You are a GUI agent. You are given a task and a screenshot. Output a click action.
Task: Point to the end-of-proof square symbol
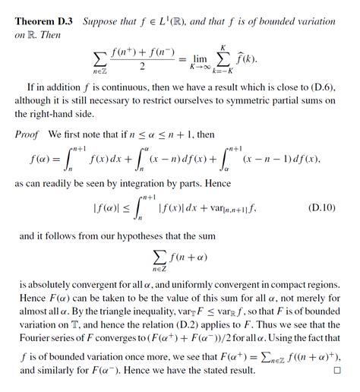click(336, 372)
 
